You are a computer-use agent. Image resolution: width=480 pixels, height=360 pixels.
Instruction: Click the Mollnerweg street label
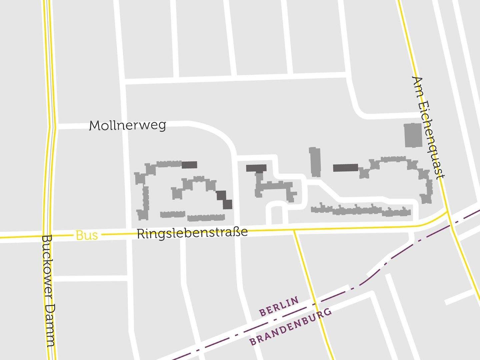(x=127, y=126)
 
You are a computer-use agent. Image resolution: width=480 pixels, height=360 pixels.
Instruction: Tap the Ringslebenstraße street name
(x=192, y=233)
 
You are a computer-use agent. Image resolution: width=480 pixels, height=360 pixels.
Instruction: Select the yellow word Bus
(x=87, y=235)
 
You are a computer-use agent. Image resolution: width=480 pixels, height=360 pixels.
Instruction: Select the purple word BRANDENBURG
(x=291, y=327)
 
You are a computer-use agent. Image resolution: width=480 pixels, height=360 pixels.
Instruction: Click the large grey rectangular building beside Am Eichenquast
(x=413, y=135)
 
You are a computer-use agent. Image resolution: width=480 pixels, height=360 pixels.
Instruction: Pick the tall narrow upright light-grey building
(x=315, y=162)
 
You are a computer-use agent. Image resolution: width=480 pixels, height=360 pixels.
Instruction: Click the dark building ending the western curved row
(x=189, y=165)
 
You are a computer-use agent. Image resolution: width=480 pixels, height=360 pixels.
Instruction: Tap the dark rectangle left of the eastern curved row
(x=345, y=168)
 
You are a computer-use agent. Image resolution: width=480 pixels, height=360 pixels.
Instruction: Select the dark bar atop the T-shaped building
(x=256, y=168)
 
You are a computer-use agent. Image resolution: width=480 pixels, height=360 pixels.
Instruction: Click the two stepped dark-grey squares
(x=224, y=200)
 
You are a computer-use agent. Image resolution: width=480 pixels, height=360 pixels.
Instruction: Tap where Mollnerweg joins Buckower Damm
(x=53, y=127)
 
